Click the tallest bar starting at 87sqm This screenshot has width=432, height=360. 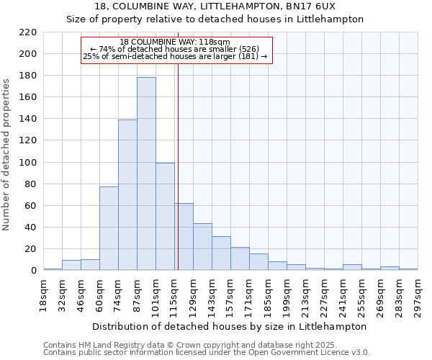click(x=146, y=174)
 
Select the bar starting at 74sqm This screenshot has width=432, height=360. click(x=127, y=194)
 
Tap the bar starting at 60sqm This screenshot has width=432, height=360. click(x=109, y=228)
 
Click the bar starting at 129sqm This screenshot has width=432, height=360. click(x=202, y=247)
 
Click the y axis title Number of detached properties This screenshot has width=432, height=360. click(x=6, y=155)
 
